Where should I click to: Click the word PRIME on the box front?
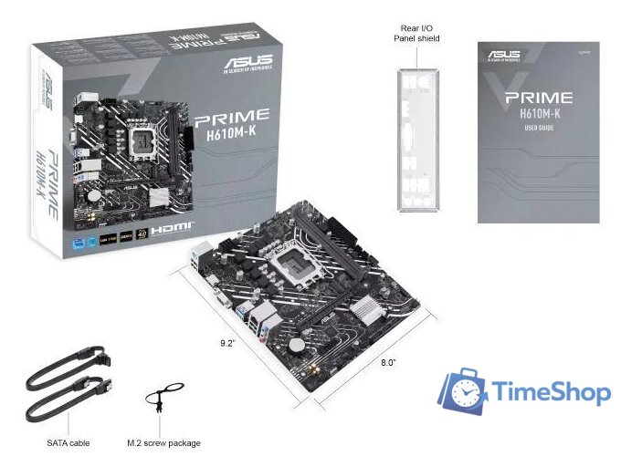click(232, 117)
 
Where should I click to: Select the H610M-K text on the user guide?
click(539, 113)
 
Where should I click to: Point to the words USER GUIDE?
click(539, 129)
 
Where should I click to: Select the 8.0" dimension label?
click(389, 362)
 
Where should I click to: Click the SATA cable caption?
click(68, 443)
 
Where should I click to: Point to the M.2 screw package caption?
click(163, 443)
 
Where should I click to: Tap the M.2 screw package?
click(158, 400)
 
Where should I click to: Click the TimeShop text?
click(552, 392)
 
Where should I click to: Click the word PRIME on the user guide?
click(539, 97)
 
